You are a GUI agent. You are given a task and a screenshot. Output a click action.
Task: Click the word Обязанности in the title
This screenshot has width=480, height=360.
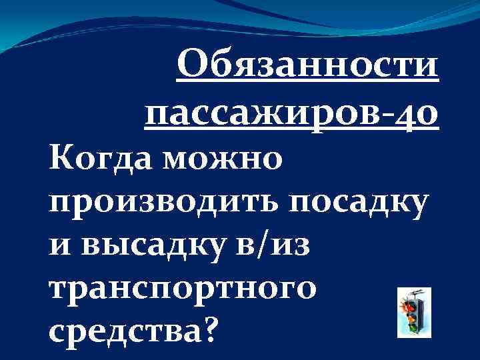pos(308,69)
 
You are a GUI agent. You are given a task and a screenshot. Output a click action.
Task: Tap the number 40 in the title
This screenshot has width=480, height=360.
pos(418,115)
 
